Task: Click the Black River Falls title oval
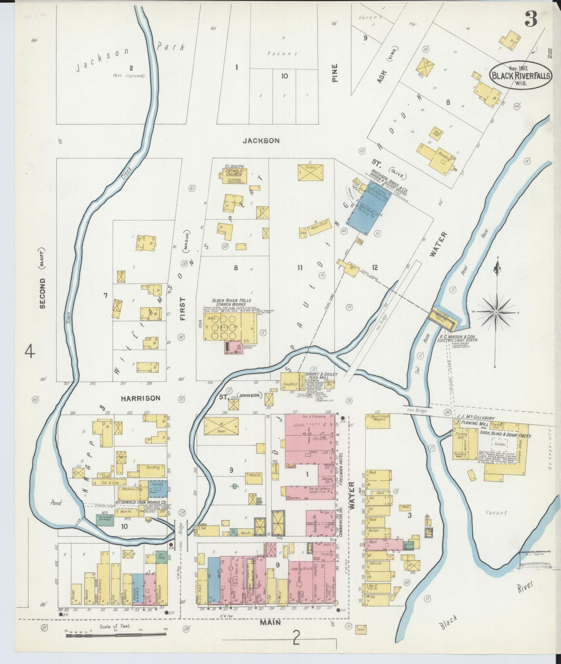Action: [x=520, y=75]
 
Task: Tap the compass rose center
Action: [x=497, y=312]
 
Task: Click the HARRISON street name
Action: [x=140, y=398]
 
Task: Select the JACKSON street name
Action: [x=261, y=141]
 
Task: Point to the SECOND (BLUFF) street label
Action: [x=42, y=278]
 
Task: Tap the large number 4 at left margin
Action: [x=30, y=353]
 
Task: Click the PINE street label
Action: [x=335, y=73]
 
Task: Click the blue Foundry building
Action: [x=157, y=488]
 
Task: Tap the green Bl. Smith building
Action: [x=105, y=520]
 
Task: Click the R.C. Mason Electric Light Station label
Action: [x=457, y=338]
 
